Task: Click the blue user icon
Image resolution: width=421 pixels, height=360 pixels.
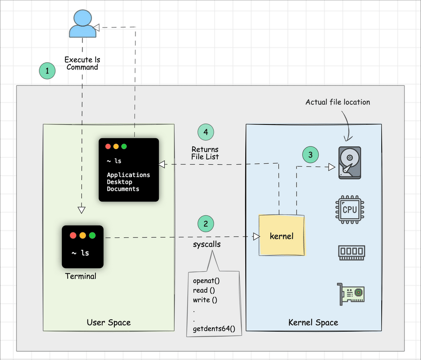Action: pos(82,24)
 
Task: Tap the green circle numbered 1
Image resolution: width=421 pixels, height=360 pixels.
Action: pos(47,70)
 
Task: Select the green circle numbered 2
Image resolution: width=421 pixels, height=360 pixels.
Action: pos(206,224)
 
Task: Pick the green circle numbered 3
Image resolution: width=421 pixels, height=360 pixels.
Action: pos(310,155)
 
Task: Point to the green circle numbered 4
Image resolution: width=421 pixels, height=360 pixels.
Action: pos(206,132)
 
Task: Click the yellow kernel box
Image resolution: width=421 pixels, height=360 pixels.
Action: pos(281,236)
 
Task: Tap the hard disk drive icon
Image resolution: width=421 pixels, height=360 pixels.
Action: pos(350,162)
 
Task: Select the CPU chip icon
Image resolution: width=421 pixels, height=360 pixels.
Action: pos(350,210)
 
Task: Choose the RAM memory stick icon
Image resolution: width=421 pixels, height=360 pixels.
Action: pos(351,252)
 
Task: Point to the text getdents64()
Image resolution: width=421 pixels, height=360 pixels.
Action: pos(214,328)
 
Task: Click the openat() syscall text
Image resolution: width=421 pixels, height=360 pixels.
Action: pos(206,280)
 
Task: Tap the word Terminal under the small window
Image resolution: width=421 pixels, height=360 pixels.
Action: pos(81,276)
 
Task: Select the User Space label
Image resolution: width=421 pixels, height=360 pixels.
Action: pos(108,322)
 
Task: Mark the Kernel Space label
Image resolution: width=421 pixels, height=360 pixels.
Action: pos(313,322)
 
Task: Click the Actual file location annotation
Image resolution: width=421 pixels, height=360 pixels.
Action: pos(338,102)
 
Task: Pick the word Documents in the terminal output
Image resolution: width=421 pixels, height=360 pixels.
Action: pos(123,189)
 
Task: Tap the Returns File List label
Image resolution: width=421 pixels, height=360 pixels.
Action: pos(205,153)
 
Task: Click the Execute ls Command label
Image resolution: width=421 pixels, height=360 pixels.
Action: pos(82,64)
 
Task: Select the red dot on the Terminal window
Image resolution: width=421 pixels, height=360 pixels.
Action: pos(72,236)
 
